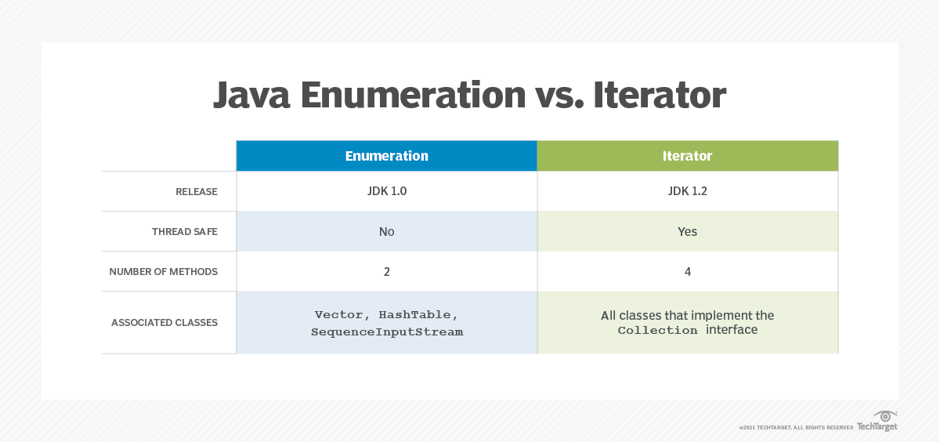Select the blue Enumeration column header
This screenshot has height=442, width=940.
click(386, 156)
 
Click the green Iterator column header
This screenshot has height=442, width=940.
click(687, 156)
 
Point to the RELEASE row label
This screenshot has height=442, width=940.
click(197, 192)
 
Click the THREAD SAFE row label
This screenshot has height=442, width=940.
click(185, 232)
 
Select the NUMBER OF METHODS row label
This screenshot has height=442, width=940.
click(164, 272)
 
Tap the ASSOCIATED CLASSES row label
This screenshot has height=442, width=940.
click(164, 322)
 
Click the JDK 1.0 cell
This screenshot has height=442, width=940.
click(386, 191)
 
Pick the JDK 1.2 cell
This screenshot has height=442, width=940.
click(687, 191)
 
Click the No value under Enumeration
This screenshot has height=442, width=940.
click(386, 231)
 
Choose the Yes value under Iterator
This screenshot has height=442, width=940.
click(687, 231)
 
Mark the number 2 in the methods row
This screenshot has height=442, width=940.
click(386, 271)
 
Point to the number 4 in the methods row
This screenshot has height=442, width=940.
click(687, 271)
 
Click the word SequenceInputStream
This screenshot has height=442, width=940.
click(387, 331)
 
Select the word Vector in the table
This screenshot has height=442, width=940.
click(338, 314)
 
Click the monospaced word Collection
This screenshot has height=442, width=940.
click(657, 331)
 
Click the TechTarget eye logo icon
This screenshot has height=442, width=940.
click(885, 415)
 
